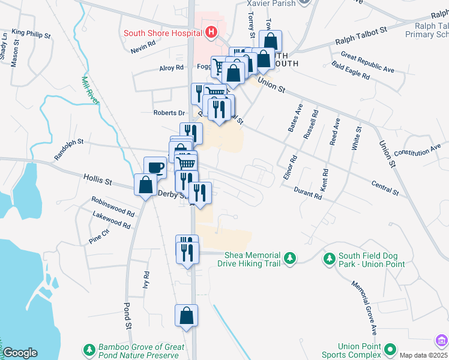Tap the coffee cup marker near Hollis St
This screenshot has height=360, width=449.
(155, 167)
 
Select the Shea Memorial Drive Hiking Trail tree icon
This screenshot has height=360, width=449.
(290, 258)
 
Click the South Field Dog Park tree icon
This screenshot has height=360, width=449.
(329, 259)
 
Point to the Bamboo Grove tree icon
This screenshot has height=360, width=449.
(89, 349)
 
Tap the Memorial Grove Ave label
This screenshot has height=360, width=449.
(365, 308)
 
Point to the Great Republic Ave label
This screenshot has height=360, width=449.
(367, 62)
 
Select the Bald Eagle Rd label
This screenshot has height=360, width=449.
(351, 71)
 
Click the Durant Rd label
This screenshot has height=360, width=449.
(309, 193)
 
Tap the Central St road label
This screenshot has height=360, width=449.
(385, 188)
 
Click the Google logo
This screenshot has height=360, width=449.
(19, 353)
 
